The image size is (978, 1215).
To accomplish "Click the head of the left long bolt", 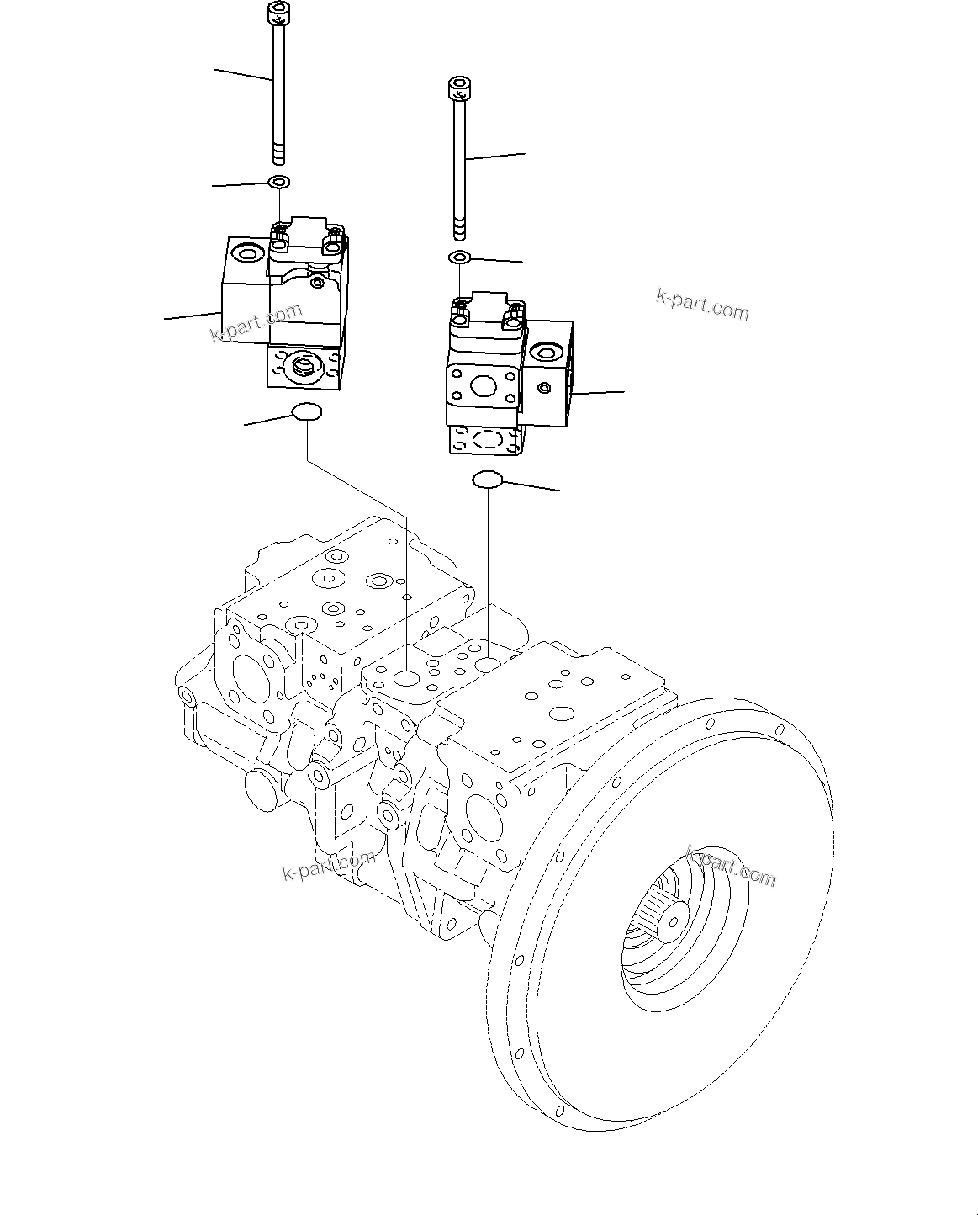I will click(277, 13).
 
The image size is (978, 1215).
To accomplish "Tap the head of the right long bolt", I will click(458, 87).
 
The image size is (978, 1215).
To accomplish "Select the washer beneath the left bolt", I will click(278, 182).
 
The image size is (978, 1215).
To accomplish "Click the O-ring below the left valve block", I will click(307, 411).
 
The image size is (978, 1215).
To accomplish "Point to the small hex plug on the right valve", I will click(544, 388).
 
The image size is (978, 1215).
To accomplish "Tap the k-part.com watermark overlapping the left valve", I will click(256, 323).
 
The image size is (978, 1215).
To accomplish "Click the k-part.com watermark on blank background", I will click(701, 305).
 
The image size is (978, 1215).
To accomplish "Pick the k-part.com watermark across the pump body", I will click(329, 864).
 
